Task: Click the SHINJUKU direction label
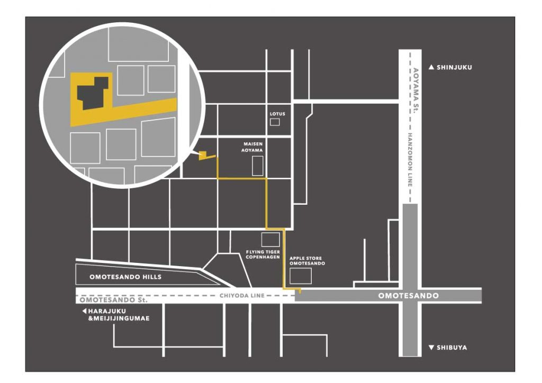454,67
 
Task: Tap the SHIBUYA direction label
451,348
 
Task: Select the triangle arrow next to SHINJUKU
431,67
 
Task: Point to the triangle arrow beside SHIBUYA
431,348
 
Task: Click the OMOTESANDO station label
408,296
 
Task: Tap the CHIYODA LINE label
242,296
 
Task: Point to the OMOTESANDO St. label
114,300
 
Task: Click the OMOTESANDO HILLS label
125,277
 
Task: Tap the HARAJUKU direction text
119,315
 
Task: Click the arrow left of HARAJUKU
84,311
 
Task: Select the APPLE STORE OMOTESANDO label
308,261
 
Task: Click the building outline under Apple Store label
301,276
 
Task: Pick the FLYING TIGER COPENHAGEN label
263,254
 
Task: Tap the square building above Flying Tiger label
270,240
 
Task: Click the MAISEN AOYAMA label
252,147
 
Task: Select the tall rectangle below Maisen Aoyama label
258,166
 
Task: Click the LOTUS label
277,114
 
